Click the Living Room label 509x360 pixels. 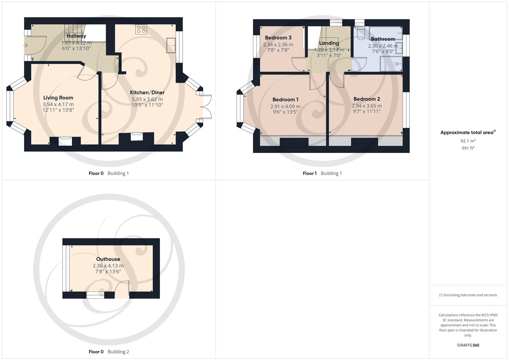58,98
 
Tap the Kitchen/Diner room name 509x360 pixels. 147,92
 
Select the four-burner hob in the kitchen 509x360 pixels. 141,29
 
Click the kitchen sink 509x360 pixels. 171,45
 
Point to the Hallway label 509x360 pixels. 76,36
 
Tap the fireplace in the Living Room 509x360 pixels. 65,141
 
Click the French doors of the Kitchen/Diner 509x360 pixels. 207,107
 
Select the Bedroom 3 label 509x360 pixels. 278,38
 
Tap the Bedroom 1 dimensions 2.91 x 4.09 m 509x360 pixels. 285,106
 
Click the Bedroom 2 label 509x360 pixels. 366,99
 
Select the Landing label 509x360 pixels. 329,43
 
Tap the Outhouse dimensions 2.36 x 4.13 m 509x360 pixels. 108,266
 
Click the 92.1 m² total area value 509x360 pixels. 468,141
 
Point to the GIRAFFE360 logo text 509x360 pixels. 468,345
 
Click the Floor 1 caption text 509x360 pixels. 310,173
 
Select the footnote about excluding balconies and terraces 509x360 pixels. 468,295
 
